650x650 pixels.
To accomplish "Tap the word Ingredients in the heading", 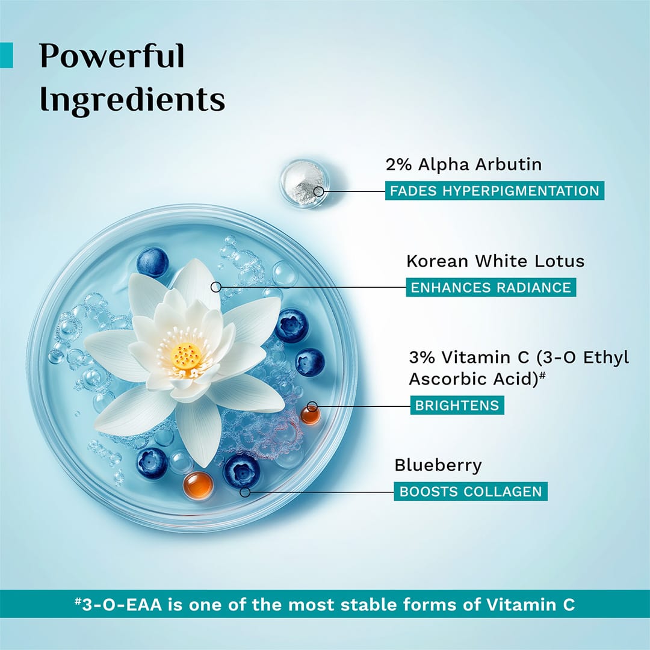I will [132, 100].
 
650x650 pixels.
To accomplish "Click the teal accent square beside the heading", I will [6, 55].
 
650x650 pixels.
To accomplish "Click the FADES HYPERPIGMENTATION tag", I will [495, 191].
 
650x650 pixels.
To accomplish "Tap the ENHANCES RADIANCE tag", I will [491, 287].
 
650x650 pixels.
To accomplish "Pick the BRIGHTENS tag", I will [457, 405].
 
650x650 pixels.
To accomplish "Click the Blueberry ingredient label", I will [438, 465].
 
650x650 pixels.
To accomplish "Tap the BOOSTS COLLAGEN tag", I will [471, 491].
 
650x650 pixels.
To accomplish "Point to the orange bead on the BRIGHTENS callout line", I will [311, 413].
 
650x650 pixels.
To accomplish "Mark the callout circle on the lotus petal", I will [216, 287].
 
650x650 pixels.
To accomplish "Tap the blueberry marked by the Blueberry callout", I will [241, 471].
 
